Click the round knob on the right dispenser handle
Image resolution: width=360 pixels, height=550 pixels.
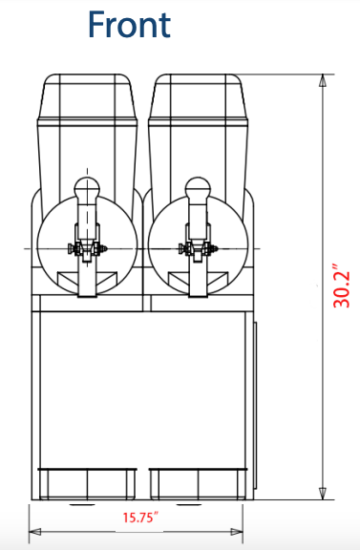coord(198,187)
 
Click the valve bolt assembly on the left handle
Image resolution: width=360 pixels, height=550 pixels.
coord(87,251)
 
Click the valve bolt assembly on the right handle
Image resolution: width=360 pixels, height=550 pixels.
coord(199,251)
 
